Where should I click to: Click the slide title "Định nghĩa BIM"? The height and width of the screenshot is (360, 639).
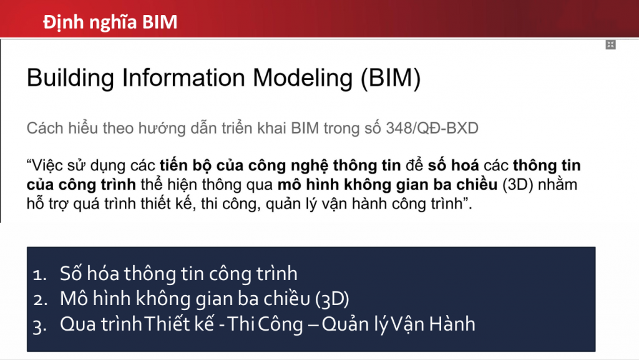(x=110, y=22)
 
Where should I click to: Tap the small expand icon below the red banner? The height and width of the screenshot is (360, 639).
(x=610, y=45)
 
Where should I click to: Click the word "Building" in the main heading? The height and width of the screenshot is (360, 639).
(x=70, y=78)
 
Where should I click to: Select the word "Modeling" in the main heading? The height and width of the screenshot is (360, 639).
(x=303, y=78)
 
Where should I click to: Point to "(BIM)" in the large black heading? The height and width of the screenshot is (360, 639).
(x=391, y=78)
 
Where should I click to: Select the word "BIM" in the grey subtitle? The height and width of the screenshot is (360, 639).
(x=305, y=129)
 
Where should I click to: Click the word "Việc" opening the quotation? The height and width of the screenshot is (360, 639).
(x=44, y=165)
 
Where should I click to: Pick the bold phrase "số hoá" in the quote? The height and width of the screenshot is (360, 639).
(x=453, y=165)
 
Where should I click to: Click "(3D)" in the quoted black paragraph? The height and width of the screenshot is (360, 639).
(x=517, y=185)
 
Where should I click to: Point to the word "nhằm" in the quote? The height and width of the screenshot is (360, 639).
(x=557, y=185)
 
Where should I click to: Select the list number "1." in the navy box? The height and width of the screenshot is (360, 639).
(x=40, y=275)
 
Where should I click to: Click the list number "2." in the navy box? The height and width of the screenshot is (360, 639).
(x=41, y=300)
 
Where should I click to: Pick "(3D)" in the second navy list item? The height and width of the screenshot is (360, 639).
(x=332, y=299)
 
